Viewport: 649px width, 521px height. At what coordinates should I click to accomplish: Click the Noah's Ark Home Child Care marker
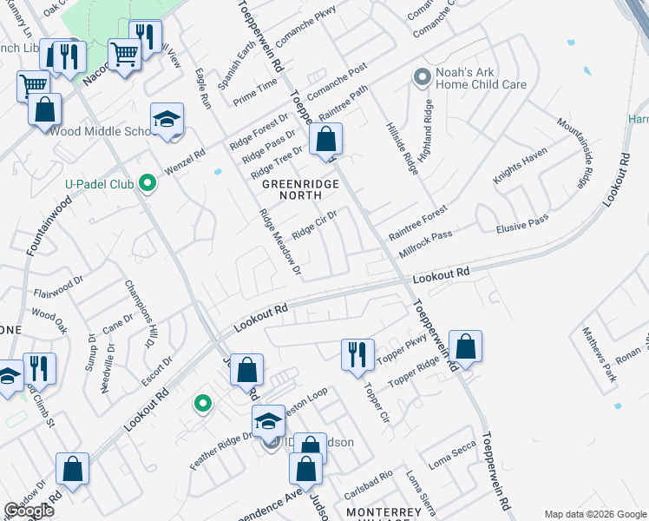[x=423, y=78]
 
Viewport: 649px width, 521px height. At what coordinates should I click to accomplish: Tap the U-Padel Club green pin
[x=147, y=183]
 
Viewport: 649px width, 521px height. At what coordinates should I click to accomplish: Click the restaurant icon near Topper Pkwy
[x=357, y=354]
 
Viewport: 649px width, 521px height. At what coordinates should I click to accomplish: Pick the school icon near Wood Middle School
[x=167, y=120]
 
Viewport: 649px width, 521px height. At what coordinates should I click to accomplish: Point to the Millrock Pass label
[x=425, y=241]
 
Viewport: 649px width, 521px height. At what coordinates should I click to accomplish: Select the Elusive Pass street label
[x=521, y=224]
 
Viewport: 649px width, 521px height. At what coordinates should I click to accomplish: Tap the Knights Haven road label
[x=521, y=165]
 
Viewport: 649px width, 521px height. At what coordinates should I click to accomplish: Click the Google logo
[x=29, y=511]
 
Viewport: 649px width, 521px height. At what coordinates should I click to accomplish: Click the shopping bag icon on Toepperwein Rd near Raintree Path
[x=325, y=139]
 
